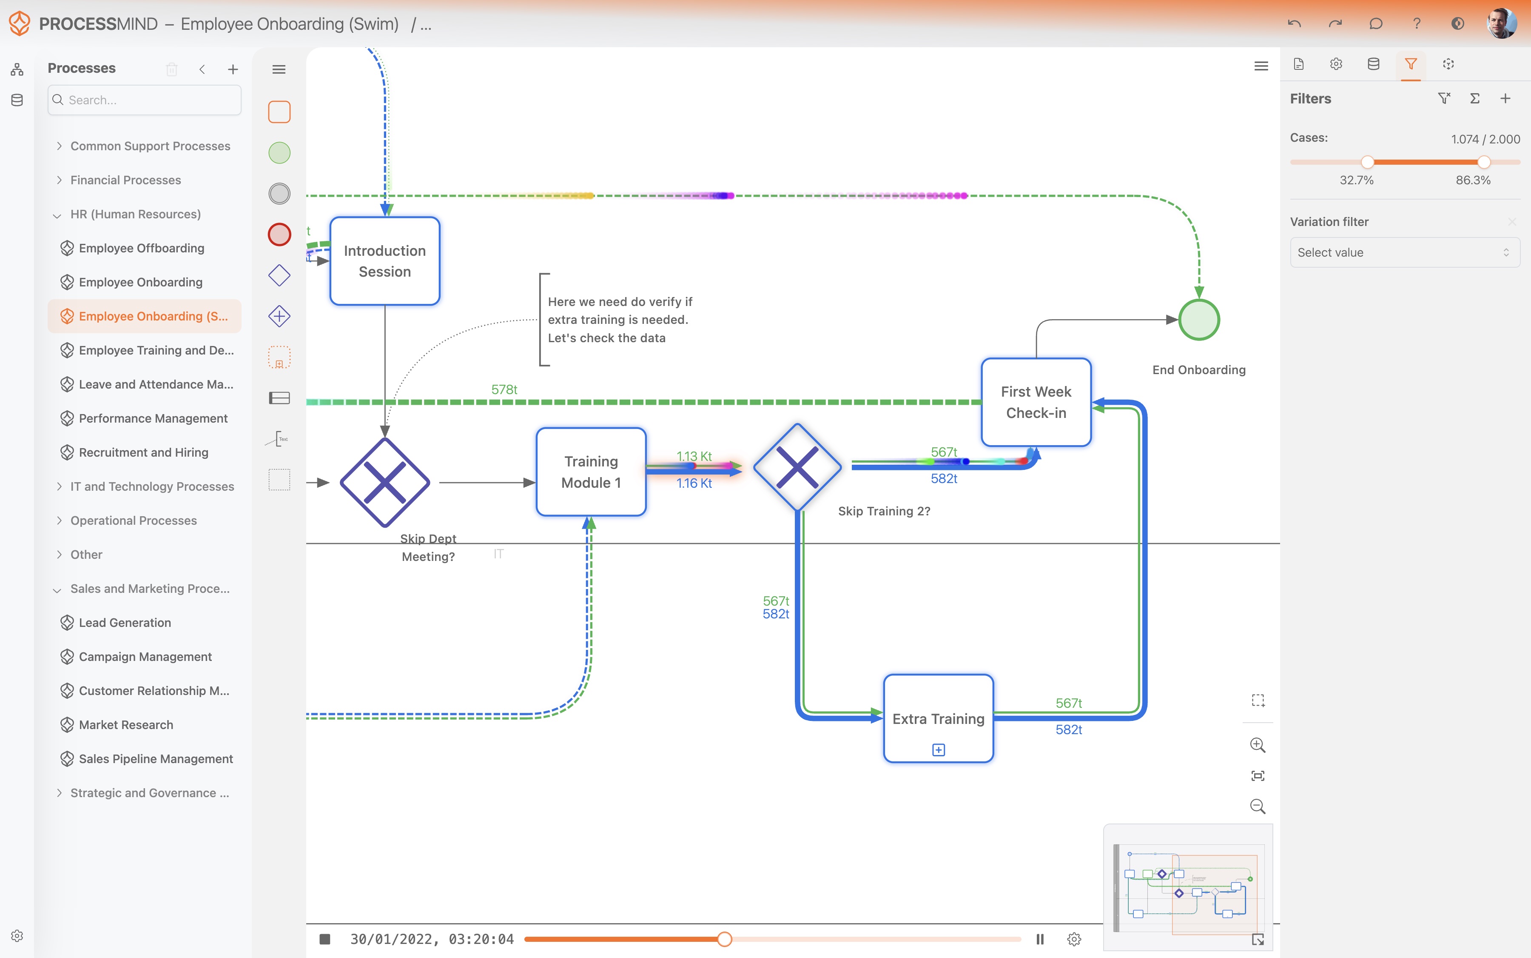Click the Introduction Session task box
[x=384, y=261]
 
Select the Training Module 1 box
[x=590, y=472]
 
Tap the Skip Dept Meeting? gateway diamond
[x=384, y=482]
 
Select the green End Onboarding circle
[x=1198, y=320]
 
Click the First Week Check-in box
[x=1036, y=402]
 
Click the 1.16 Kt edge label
[x=694, y=483]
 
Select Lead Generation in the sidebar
[x=125, y=623]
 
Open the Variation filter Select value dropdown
[x=1404, y=252]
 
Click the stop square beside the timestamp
[x=325, y=939]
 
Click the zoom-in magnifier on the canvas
[x=1258, y=745]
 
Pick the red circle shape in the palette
[x=279, y=234]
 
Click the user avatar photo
[x=1501, y=23]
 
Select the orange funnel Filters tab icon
[x=1411, y=64]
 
